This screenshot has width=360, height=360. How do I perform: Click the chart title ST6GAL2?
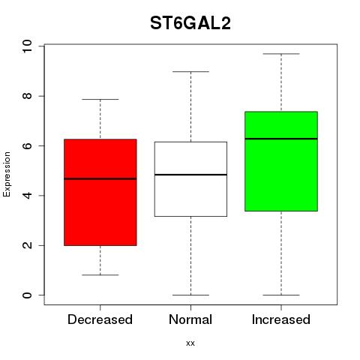(190, 23)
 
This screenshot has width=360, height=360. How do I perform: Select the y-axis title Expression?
(7, 174)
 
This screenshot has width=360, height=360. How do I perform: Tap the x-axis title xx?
(190, 343)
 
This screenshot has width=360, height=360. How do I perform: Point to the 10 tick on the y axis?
(27, 46)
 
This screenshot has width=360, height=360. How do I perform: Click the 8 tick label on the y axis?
(27, 96)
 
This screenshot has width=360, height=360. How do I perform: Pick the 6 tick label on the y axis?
(27, 145)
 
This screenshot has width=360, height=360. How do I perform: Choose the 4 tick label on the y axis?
(27, 196)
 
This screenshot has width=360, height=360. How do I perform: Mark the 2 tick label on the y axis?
(27, 245)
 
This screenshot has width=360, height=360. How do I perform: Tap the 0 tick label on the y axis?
(27, 295)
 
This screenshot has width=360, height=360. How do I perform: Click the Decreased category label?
(100, 319)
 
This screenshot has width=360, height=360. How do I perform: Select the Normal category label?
(190, 319)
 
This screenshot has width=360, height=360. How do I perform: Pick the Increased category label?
(281, 319)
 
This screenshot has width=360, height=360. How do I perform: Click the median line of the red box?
(100, 178)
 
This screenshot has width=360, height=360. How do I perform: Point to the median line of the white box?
(190, 175)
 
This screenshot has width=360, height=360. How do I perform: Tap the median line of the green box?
(281, 139)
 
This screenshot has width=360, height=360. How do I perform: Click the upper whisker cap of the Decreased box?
(100, 99)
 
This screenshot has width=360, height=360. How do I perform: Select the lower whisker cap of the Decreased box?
(100, 275)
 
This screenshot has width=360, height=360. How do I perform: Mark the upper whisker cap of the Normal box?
(190, 71)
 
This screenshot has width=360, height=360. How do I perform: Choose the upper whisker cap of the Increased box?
(281, 54)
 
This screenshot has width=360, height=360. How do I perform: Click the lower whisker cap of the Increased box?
(281, 295)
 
